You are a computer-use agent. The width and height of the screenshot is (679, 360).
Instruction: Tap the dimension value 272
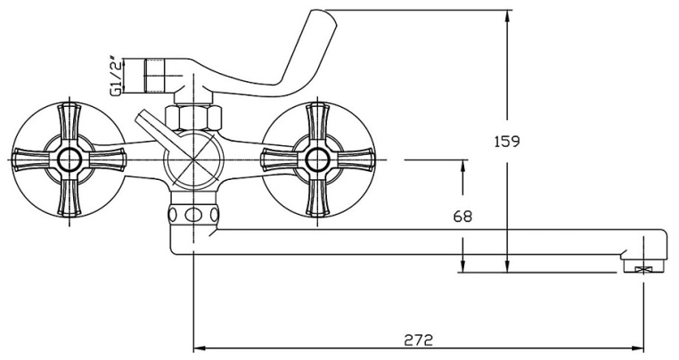419,340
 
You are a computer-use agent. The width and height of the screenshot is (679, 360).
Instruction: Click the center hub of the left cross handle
67,160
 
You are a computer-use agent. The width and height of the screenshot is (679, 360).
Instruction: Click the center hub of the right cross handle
315,160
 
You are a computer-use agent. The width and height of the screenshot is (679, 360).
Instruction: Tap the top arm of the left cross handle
68,120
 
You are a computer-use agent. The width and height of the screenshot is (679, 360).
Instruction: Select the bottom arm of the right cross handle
316,200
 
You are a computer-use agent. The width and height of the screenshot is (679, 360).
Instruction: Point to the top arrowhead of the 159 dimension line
506,15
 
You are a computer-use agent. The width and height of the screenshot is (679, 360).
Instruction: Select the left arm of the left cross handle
28,160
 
